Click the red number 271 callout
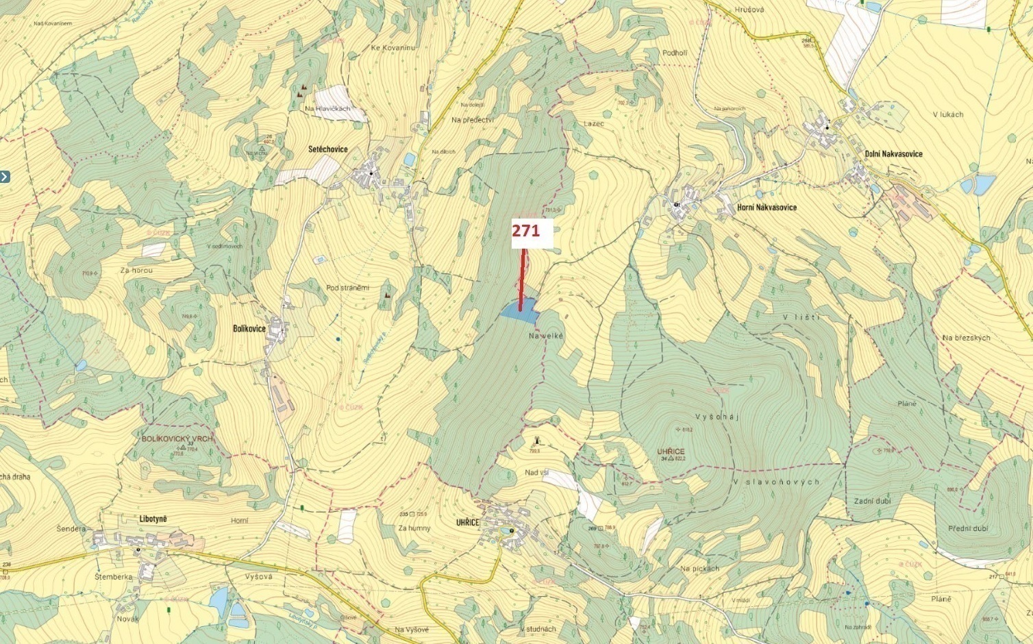click(x=526, y=232)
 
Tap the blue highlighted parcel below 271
click(x=518, y=311)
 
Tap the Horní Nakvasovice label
click(x=767, y=207)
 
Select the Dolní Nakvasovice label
click(x=893, y=153)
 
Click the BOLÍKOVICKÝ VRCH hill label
click(x=177, y=438)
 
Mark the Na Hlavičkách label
click(x=329, y=109)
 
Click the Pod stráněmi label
click(x=347, y=288)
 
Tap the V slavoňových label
click(x=775, y=482)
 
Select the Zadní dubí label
click(x=872, y=501)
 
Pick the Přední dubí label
click(x=968, y=528)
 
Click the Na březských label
click(x=966, y=338)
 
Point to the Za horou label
click(x=136, y=271)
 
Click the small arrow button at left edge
click(x=5, y=177)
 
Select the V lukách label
click(x=947, y=114)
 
